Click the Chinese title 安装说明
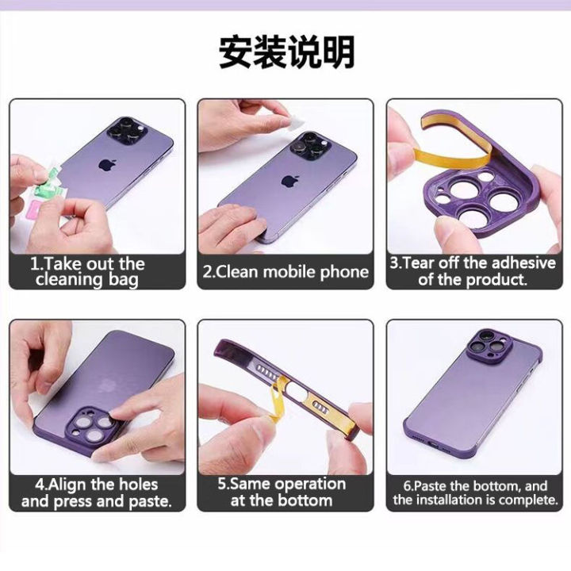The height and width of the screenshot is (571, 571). click(286, 52)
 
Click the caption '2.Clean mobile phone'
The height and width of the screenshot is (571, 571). click(285, 272)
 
